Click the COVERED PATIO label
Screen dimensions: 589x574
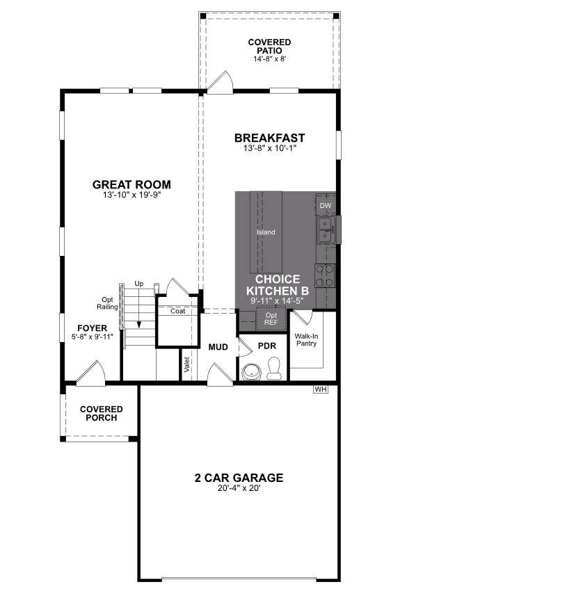(269, 47)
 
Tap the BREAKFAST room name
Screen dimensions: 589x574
(269, 138)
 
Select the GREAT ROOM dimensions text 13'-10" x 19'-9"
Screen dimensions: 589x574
(131, 195)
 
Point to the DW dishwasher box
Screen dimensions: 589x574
(326, 206)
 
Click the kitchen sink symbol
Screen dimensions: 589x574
(325, 230)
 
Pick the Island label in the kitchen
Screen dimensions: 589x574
(266, 232)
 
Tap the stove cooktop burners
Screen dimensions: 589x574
(325, 275)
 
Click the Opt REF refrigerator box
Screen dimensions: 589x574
(270, 319)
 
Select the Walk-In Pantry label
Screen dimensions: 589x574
(306, 339)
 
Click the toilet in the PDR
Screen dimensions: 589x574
(274, 369)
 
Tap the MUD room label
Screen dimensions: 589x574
(218, 346)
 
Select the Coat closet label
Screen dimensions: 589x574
(178, 311)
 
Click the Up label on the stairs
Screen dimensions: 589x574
(139, 284)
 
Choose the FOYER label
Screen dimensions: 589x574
(92, 328)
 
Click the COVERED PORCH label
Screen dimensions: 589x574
(101, 414)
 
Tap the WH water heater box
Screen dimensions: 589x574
(320, 389)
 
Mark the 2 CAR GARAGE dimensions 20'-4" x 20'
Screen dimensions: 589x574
(239, 488)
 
